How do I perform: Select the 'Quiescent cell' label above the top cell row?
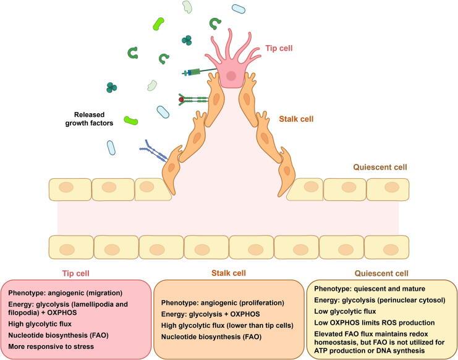coord(380,167)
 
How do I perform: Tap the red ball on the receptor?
coord(181,99)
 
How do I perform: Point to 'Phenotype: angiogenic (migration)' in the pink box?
coord(66,291)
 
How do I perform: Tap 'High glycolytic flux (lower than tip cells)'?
coord(231,325)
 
